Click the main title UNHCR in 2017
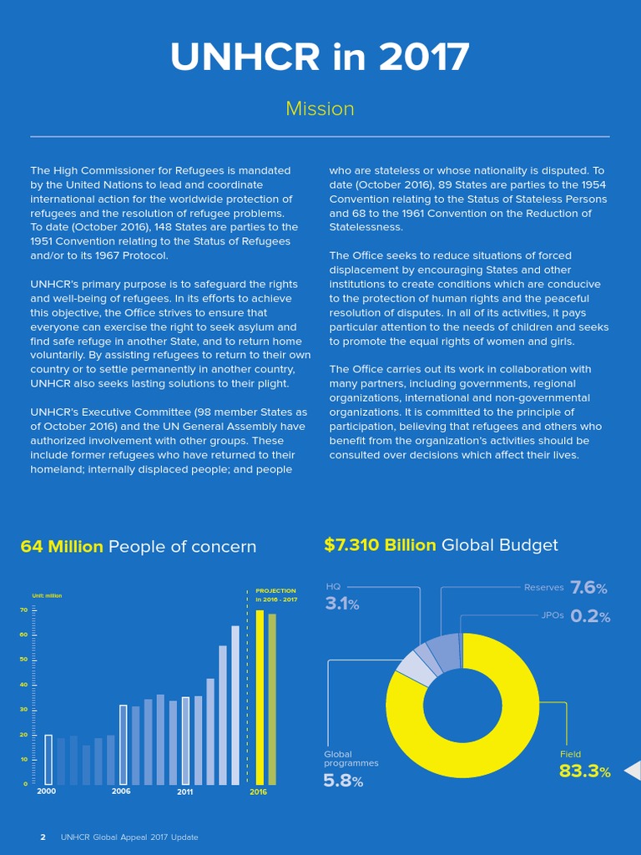click(320, 58)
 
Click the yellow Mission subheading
click(320, 109)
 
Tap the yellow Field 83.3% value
click(584, 772)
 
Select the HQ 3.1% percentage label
click(341, 603)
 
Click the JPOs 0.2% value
click(590, 616)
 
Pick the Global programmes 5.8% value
click(343, 782)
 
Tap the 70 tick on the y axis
click(24, 610)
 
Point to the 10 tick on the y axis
click(24, 759)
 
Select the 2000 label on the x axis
click(47, 791)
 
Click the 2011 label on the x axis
click(185, 792)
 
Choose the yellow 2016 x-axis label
click(259, 792)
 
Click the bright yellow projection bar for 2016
click(260, 697)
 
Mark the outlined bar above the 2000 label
click(48, 760)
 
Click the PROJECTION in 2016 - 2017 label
click(276, 594)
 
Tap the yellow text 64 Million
click(62, 547)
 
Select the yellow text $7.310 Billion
click(380, 545)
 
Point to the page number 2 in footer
click(43, 837)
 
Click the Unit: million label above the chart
click(47, 595)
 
